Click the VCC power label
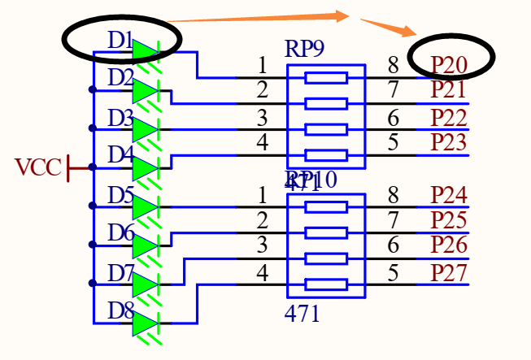coord(38,168)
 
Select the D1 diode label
coord(120,39)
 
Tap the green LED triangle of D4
coord(144,168)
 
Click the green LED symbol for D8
coord(144,323)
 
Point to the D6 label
coord(120,233)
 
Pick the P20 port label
coord(449,63)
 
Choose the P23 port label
coord(449,143)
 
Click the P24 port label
coord(449,195)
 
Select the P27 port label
coord(449,272)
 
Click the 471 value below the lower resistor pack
coord(302,314)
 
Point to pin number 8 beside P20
coord(393,64)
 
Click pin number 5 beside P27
coord(393,272)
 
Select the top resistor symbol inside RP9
coord(325,78)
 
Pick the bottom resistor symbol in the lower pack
coord(325,284)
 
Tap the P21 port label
coord(449,89)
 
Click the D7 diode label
coord(120,272)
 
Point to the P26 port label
coord(449,245)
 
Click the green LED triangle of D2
coord(144,91)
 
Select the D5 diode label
coord(120,195)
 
